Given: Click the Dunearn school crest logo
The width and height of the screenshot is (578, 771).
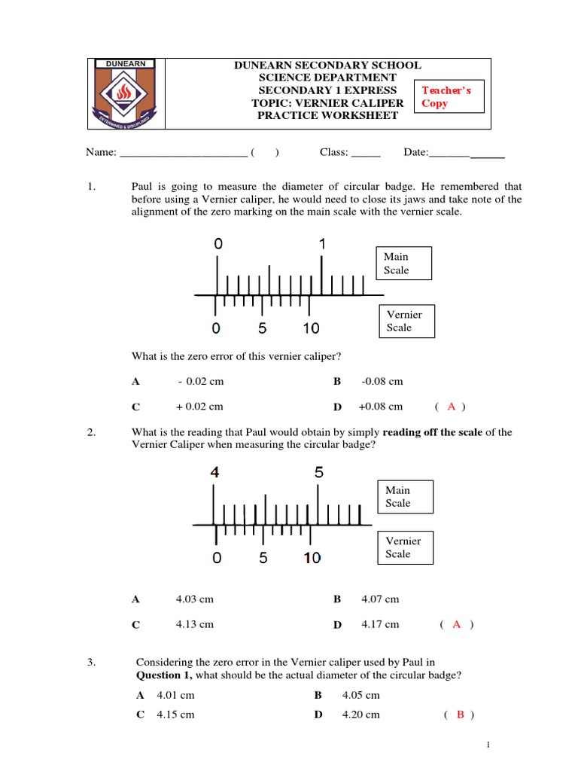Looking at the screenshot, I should click(x=126, y=93).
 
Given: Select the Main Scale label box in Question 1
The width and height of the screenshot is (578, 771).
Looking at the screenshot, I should click(x=403, y=264).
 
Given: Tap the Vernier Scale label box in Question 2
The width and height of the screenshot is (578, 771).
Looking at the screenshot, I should click(x=405, y=547).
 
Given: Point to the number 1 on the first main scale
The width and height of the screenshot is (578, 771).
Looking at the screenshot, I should click(x=323, y=244).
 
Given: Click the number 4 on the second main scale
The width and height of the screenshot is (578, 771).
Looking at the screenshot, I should click(x=215, y=473).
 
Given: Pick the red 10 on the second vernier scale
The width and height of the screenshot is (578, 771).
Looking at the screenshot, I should click(x=312, y=558).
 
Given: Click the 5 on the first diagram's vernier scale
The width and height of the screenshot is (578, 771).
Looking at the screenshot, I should click(x=262, y=328).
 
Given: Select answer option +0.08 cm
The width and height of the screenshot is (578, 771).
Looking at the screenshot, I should click(x=381, y=407).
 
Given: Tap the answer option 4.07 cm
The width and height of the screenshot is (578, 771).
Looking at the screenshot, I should click(x=380, y=599).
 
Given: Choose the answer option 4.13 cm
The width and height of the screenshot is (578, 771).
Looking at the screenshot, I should click(x=195, y=624).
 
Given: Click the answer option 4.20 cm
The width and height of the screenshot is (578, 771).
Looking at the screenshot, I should click(x=361, y=714).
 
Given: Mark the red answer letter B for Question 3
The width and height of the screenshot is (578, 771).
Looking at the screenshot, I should click(x=460, y=715).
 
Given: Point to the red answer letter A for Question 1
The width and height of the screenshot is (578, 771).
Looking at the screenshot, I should click(x=452, y=407).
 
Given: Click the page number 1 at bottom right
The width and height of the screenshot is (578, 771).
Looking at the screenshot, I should click(x=488, y=745).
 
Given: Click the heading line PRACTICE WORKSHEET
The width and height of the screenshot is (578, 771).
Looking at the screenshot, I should click(x=327, y=115).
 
